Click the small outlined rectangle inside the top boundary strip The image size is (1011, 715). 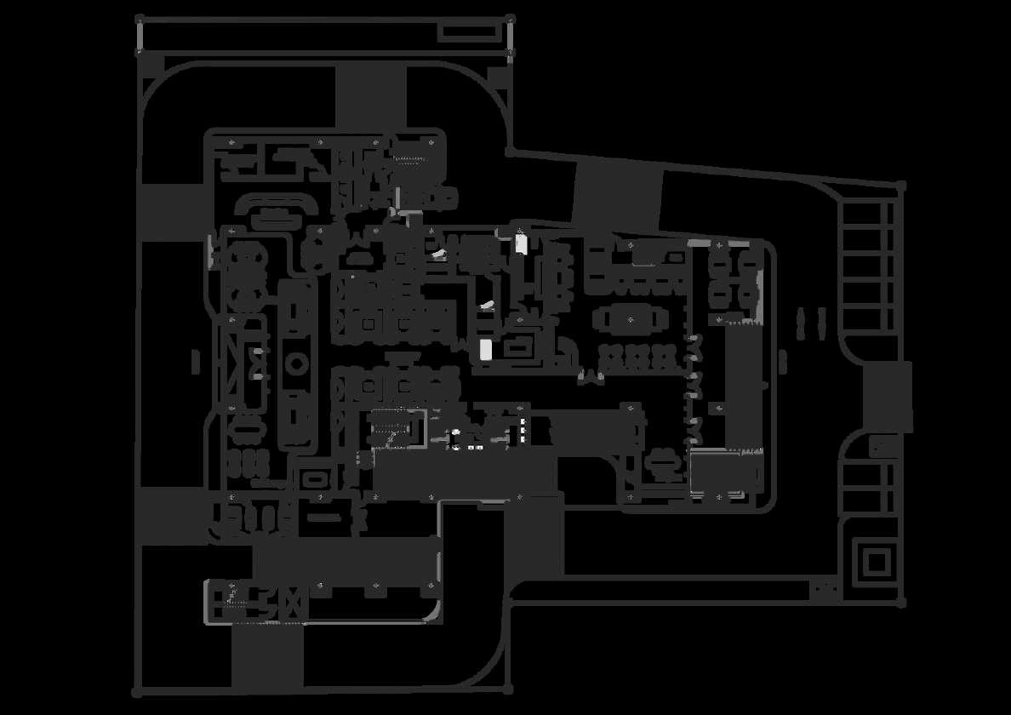pyautogui.click(x=467, y=31)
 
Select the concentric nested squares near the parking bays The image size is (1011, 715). pyautogui.click(x=877, y=562)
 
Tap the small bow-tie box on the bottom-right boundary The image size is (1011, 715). pyautogui.click(x=823, y=587)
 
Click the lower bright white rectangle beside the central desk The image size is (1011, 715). pyautogui.click(x=486, y=348)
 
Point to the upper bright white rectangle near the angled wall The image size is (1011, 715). pyautogui.click(x=522, y=243)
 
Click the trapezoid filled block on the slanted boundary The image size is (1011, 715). pyautogui.click(x=618, y=194)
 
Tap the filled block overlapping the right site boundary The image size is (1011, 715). pyautogui.click(x=888, y=395)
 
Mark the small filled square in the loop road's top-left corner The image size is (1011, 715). pyautogui.click(x=153, y=64)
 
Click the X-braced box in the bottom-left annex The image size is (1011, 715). pyautogui.click(x=293, y=602)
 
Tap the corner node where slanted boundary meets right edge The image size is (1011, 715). pyautogui.click(x=900, y=185)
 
